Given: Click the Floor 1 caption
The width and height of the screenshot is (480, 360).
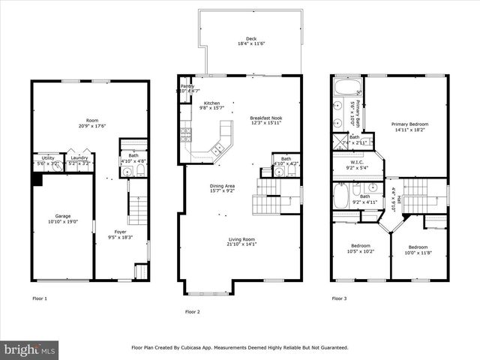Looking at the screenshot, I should pos(39,298).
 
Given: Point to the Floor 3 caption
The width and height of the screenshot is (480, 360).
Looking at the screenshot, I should pos(340,298).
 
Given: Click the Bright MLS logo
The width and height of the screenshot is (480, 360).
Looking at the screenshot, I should pos(30,349).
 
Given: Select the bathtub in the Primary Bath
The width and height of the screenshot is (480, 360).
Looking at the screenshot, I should pos(347,85).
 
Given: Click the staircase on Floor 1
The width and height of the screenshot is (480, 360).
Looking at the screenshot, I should pos(138,208).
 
